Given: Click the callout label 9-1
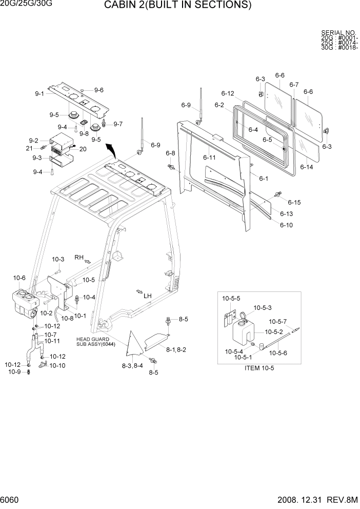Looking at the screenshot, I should [x=39, y=93].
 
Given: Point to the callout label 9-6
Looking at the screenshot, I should [x=98, y=90].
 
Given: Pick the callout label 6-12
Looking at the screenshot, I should [x=228, y=93].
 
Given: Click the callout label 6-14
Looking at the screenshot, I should [x=306, y=167].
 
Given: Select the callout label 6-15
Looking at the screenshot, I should [x=294, y=202].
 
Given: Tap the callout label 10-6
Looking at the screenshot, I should [x=19, y=278].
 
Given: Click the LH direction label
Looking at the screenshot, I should [x=148, y=296].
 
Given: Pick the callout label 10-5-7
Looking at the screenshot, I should [x=278, y=322].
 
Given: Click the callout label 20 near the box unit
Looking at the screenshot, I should [x=83, y=149].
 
